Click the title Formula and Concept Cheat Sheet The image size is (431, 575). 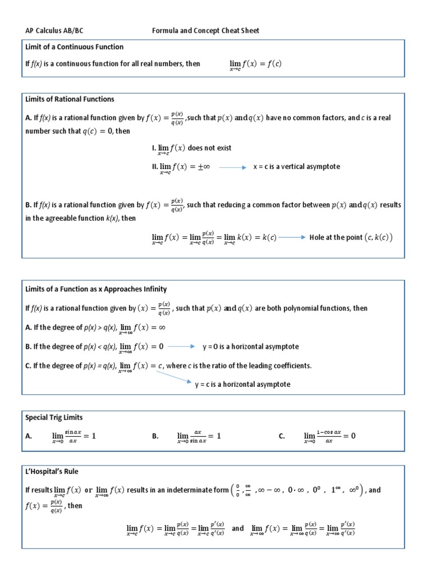point(206,30)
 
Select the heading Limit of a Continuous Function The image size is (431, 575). point(74,47)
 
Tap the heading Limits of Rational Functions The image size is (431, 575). point(70,99)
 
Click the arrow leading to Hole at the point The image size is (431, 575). point(291,238)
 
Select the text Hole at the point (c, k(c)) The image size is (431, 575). point(351,238)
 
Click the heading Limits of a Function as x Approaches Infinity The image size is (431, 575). point(96,289)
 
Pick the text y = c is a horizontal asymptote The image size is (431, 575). point(242,384)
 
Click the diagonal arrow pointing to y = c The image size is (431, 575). point(175,376)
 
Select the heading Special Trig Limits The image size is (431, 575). point(54,418)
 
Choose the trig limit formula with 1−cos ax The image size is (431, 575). point(329,436)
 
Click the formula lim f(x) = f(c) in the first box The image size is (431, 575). point(255,65)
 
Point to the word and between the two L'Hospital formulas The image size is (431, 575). point(237,528)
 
